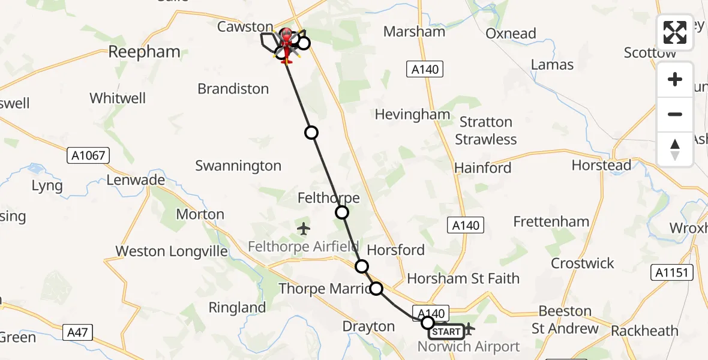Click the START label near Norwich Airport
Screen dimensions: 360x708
pos(446,332)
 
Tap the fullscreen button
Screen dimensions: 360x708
pos(675,32)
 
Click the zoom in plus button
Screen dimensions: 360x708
pos(675,79)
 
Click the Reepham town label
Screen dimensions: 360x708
pos(144,52)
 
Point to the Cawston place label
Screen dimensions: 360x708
pos(245,26)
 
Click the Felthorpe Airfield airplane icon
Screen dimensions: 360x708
pos(304,229)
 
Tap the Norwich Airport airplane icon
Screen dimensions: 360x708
pos(469,329)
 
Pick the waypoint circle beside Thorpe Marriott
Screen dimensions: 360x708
pos(376,289)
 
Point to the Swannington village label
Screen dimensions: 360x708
pos(238,166)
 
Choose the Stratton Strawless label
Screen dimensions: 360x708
pos(485,131)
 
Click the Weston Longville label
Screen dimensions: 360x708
pos(172,251)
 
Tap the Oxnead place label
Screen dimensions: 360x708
pos(511,34)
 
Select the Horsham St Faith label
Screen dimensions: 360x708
pos(463,278)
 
